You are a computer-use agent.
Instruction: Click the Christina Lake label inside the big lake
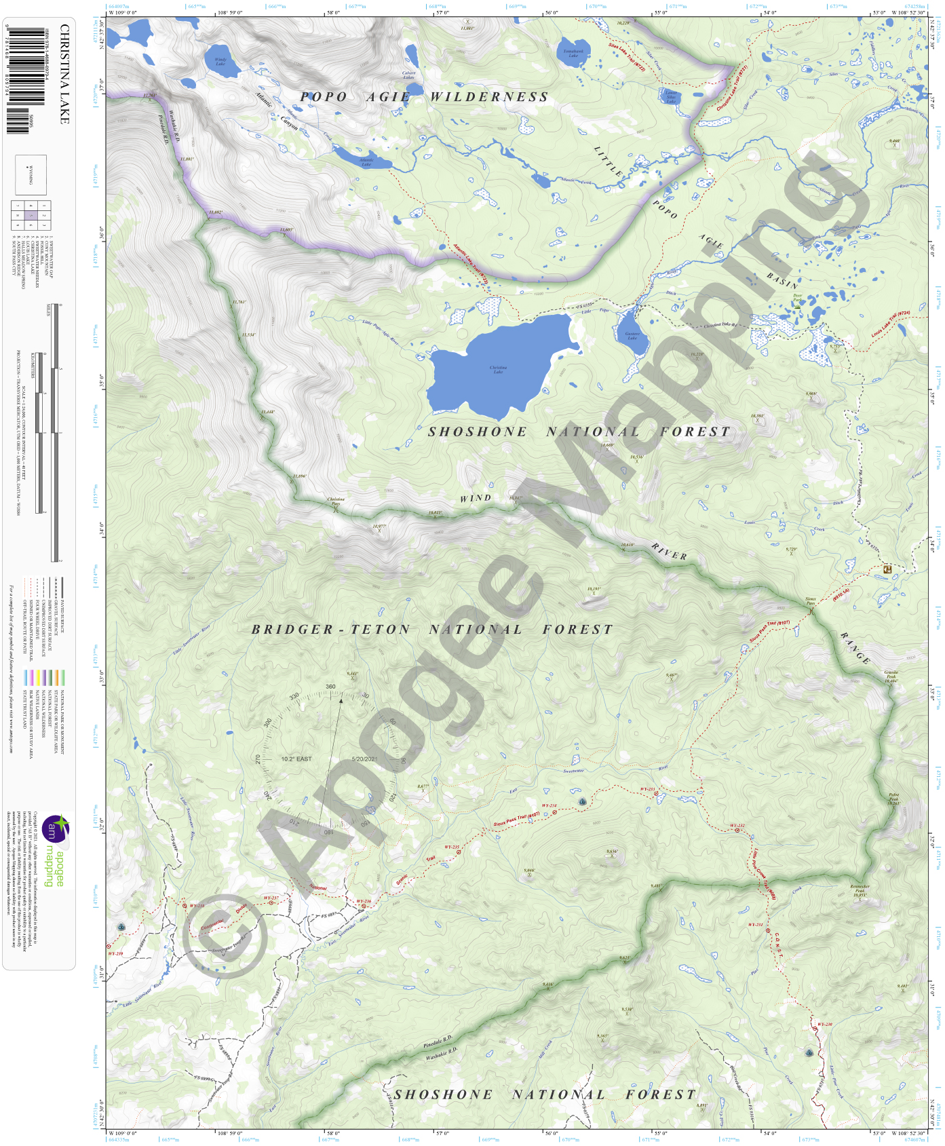point(498,370)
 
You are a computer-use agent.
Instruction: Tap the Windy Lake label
point(220,62)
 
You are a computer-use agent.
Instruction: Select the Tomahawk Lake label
point(573,53)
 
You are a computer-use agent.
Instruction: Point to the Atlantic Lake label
point(366,163)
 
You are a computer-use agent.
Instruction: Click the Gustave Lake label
point(632,335)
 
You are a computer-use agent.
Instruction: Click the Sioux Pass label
point(811,601)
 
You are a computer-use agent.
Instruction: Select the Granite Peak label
point(891,676)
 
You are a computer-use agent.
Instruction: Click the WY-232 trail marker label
point(737,826)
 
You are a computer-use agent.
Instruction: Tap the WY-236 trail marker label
point(364,902)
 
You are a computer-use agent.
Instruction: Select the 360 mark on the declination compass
point(330,687)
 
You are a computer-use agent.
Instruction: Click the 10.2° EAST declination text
point(296,759)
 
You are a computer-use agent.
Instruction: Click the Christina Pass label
point(336,501)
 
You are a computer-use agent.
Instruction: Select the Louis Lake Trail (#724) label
point(890,324)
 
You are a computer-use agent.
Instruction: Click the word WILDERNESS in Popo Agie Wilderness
point(489,97)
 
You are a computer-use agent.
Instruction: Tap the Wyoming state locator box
point(31,175)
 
